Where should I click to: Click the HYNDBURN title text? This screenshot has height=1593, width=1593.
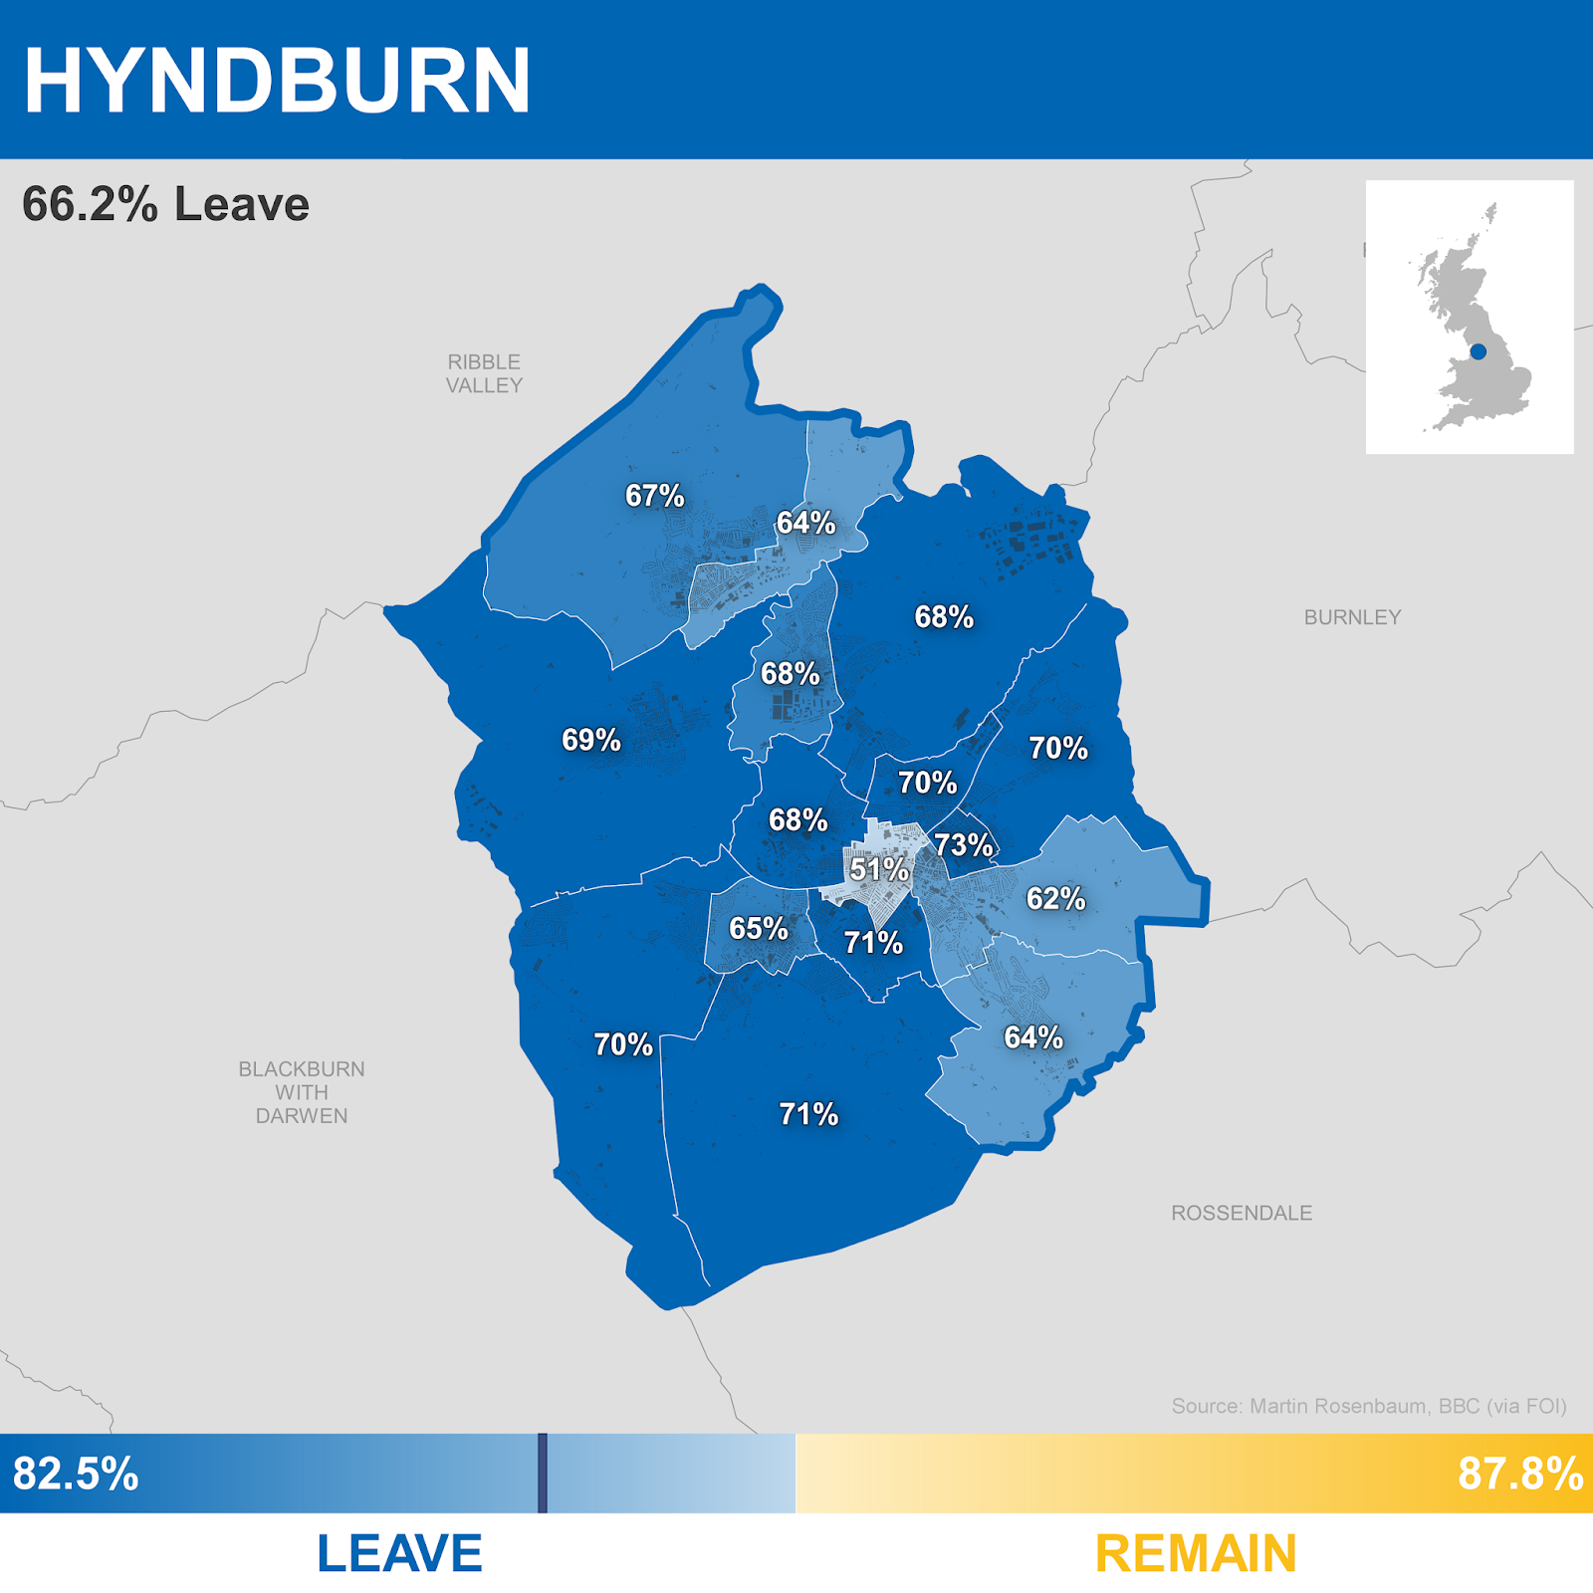277,81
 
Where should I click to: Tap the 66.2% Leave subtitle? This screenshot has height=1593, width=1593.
165,204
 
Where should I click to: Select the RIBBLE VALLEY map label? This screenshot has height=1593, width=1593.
484,373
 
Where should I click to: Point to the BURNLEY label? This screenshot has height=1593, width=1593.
1352,617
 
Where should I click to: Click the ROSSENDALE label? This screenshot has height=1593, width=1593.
1242,1213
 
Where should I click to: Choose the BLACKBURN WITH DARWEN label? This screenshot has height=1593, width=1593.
302,1092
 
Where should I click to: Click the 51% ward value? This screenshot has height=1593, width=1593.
879,869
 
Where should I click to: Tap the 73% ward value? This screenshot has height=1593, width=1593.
963,845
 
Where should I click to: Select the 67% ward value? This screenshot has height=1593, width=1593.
654,495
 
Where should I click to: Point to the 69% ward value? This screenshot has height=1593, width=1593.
590,740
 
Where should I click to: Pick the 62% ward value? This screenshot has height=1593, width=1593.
1055,898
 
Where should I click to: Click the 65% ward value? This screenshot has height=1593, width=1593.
758,929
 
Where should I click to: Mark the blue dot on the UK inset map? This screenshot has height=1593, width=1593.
1478,351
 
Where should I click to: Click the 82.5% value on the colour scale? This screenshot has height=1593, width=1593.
76,1474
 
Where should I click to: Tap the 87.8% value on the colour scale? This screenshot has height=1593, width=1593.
1520,1474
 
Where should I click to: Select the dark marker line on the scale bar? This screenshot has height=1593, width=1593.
543,1474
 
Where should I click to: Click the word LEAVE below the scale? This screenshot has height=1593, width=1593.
399,1553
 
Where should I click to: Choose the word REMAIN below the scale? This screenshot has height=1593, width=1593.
1196,1553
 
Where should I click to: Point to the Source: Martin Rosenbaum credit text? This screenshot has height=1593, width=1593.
1369,1406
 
